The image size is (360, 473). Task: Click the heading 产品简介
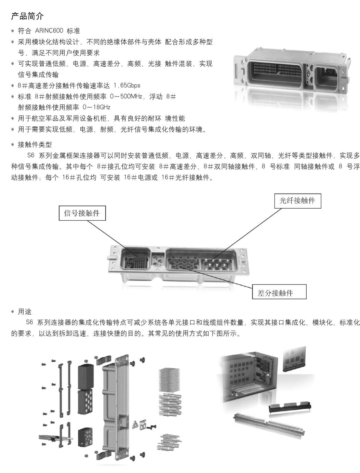tap(27, 16)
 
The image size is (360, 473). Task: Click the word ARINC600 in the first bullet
tap(49, 31)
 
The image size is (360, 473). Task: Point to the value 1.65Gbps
tap(126, 85)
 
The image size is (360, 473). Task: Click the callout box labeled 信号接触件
tap(82, 213)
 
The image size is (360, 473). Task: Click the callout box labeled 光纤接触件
tap(297, 201)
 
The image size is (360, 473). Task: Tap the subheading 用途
tap(25, 311)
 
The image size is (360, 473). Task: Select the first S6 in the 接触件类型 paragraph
tap(31, 155)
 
